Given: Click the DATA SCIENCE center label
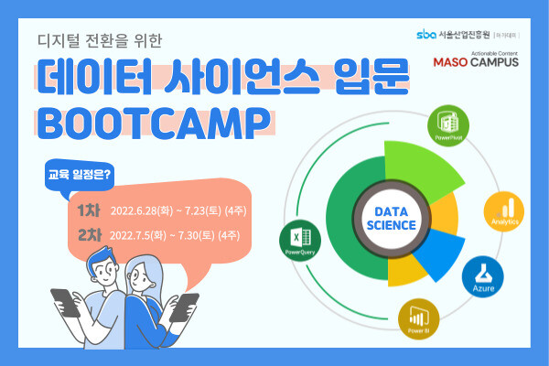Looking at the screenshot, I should (x=389, y=211).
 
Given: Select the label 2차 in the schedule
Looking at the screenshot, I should (x=90, y=235).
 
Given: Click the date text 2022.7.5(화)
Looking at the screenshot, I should (x=139, y=235).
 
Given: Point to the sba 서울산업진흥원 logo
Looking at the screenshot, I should (x=452, y=35).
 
